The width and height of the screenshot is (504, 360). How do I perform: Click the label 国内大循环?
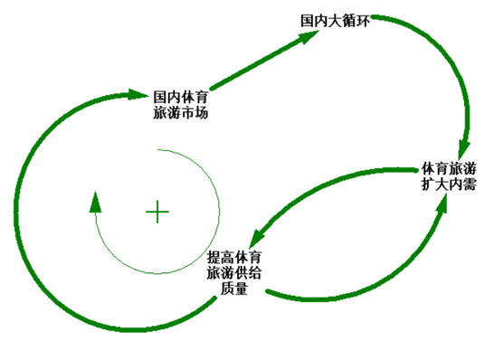[x=337, y=18]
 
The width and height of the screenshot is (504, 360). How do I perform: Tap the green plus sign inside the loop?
[x=157, y=213]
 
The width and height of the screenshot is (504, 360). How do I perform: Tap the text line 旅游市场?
[x=182, y=114]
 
